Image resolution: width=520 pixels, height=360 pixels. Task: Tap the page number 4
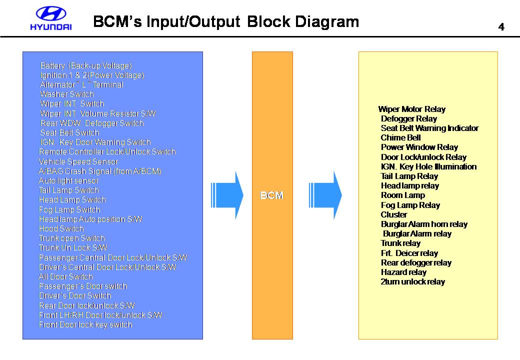[x=501, y=27]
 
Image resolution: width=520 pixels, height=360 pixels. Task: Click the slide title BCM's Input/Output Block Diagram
[x=226, y=21]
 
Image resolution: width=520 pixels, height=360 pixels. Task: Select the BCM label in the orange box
[x=272, y=195]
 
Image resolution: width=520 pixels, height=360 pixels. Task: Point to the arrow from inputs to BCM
[x=227, y=195]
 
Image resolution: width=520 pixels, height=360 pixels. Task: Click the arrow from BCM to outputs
[x=325, y=195]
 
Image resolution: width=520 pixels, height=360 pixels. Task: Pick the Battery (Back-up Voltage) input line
[x=86, y=65]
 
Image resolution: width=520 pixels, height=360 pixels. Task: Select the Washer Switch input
[x=66, y=94]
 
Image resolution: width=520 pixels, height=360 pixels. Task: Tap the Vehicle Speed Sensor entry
[x=78, y=161]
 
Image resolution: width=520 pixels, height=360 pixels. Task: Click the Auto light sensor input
[x=68, y=180]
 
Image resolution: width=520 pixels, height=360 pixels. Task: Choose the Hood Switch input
[x=61, y=228]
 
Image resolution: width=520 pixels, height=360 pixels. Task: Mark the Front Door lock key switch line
[x=85, y=324]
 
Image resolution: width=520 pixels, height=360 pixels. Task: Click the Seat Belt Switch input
[x=69, y=132]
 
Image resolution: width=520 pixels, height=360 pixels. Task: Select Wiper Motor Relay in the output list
[x=412, y=109]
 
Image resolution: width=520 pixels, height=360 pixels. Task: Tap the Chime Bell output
[x=400, y=137]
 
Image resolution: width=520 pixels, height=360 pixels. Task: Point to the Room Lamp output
[x=403, y=195]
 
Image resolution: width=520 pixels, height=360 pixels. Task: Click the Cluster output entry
[x=394, y=214]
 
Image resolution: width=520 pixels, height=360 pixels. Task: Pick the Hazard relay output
[x=403, y=272]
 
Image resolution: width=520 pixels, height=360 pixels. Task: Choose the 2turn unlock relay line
[x=413, y=282]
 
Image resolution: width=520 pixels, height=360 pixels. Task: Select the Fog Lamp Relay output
[x=410, y=205]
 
